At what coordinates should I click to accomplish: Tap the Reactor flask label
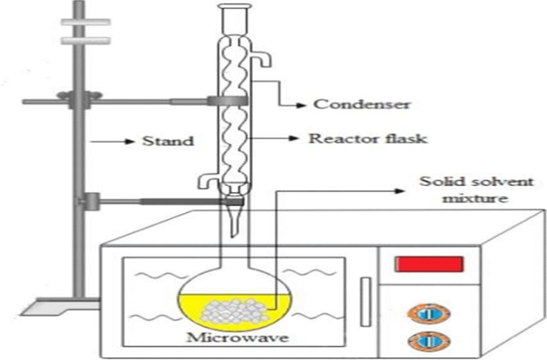point(367,139)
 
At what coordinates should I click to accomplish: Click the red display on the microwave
point(428,264)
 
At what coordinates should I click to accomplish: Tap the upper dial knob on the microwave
point(428,313)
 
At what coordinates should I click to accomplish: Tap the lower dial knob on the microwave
point(428,341)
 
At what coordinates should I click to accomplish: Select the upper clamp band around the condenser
point(229,101)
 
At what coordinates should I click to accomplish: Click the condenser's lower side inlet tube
point(206,181)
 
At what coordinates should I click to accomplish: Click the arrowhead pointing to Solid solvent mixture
point(406,188)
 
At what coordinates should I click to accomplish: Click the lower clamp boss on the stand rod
point(89,202)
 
